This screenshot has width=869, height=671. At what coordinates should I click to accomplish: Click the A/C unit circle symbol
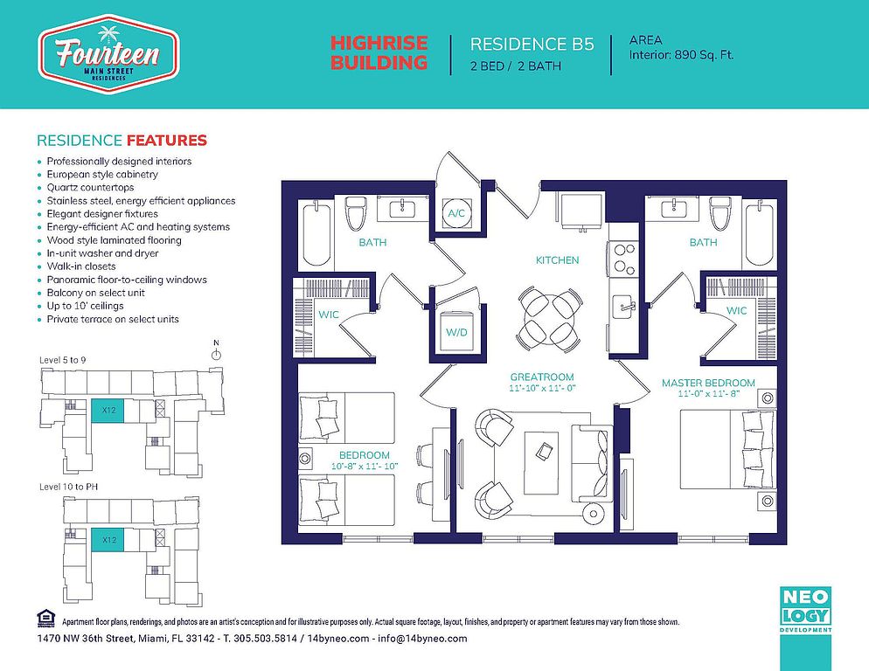(x=456, y=213)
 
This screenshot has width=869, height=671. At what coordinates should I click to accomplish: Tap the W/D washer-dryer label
(x=456, y=333)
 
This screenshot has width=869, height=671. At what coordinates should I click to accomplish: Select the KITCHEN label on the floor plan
(x=557, y=259)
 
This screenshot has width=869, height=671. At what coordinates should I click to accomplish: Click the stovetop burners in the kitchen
(x=624, y=259)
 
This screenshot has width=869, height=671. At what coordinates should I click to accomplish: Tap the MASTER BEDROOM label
(x=708, y=383)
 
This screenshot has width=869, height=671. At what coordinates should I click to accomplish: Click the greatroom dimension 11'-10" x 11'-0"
(x=542, y=389)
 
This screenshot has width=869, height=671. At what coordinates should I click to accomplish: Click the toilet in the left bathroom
(x=355, y=213)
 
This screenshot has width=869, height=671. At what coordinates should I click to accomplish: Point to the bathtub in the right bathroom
(x=760, y=235)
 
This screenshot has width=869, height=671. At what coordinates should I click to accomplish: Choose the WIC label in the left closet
(x=329, y=315)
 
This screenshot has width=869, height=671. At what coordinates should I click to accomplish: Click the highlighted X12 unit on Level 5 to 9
(x=108, y=411)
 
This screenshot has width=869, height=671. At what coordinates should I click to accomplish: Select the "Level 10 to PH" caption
(x=69, y=487)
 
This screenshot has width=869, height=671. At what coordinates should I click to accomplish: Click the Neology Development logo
(x=806, y=610)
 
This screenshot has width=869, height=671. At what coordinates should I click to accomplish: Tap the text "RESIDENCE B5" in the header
(x=532, y=44)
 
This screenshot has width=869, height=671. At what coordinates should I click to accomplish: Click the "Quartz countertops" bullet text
(x=90, y=187)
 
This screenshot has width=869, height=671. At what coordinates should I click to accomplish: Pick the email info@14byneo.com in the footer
(x=422, y=639)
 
